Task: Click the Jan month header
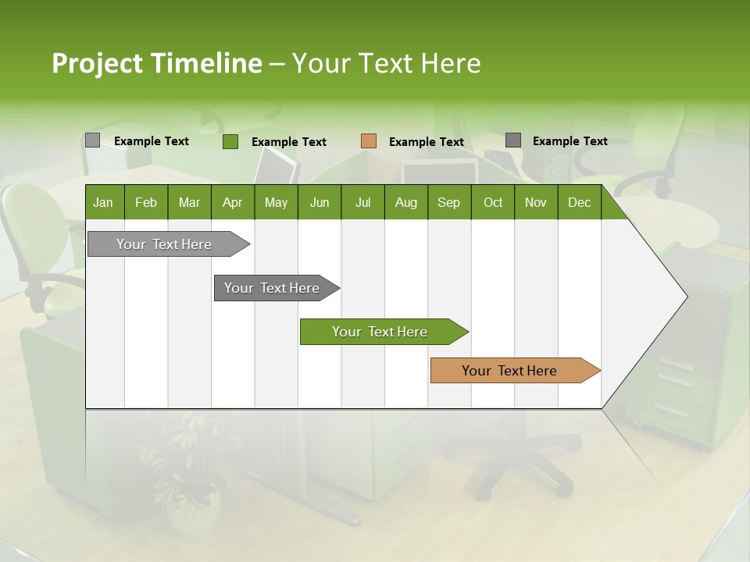tap(103, 203)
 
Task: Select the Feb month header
tap(146, 203)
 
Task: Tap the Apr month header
tap(232, 203)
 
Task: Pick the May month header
tap(276, 203)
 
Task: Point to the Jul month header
tap(362, 203)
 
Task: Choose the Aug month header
tap(405, 203)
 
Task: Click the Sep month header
tap(448, 203)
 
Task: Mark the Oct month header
tap(493, 203)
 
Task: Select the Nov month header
tap(535, 203)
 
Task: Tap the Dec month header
tap(579, 203)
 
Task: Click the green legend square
tap(230, 141)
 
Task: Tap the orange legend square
tap(369, 141)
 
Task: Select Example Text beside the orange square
tap(426, 142)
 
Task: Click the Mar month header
tap(189, 203)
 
